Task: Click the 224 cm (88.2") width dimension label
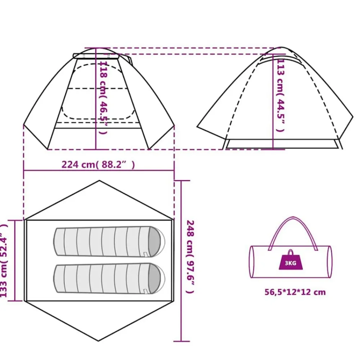pos(98,165)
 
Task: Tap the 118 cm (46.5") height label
pos(103,97)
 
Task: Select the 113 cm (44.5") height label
pos(280,95)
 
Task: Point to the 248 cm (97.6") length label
pos(190,256)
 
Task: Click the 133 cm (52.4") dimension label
pos(4,261)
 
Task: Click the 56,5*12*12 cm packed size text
pos(295,292)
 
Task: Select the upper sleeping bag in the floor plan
pos(109,242)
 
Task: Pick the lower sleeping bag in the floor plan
pos(109,278)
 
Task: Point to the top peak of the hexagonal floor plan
pos(99,181)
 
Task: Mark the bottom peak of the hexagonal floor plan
pos(99,341)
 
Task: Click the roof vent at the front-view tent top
pos(96,56)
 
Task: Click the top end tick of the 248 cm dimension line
pos(181,181)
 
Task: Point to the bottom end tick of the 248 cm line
pos(181,341)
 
